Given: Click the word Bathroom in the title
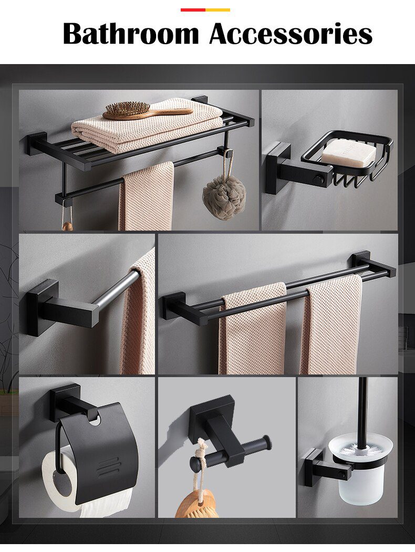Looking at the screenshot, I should tap(131, 34).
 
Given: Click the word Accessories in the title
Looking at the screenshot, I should tap(290, 34).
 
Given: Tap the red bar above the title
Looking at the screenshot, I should tap(193, 9).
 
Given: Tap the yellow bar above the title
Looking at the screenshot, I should tap(217, 9).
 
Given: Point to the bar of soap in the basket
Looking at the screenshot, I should tap(349, 153).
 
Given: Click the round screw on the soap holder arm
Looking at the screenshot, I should tap(318, 179).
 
